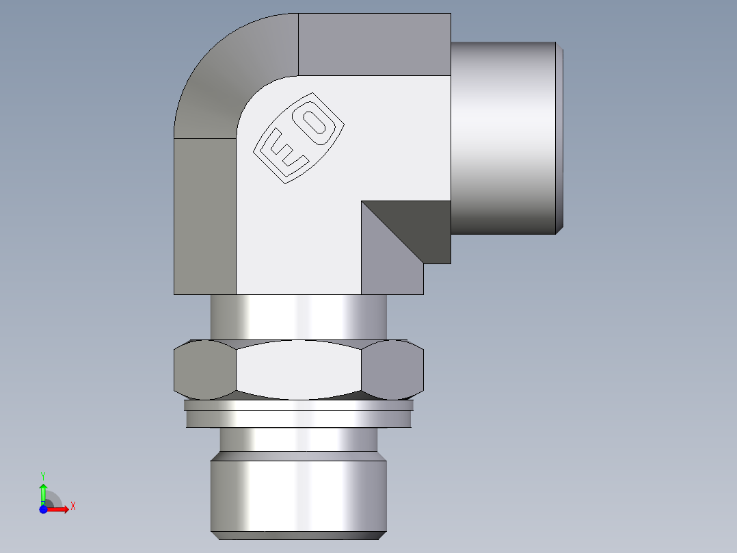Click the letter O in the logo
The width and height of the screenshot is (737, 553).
(315, 123)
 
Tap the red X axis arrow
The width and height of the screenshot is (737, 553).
(60, 509)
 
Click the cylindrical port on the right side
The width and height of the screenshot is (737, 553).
(506, 137)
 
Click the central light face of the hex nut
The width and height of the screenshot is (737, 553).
(298, 370)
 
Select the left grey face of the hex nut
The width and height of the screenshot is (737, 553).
(204, 370)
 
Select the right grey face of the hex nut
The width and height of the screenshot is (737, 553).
(392, 370)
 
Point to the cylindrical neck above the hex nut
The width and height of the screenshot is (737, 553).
(299, 316)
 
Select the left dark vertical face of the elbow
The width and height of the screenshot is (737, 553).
(205, 216)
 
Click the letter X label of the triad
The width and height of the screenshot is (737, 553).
(73, 506)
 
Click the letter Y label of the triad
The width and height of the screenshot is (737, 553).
(43, 475)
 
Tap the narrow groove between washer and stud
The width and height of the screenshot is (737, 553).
(298, 439)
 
